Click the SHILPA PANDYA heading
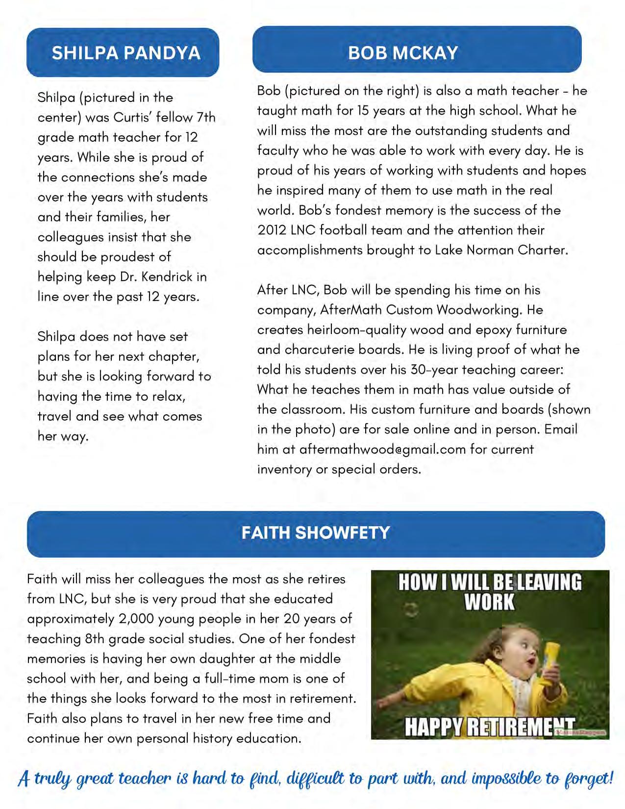126,53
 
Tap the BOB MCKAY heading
403,52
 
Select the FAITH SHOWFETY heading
316,533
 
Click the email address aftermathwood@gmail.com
382,449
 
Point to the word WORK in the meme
490,603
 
